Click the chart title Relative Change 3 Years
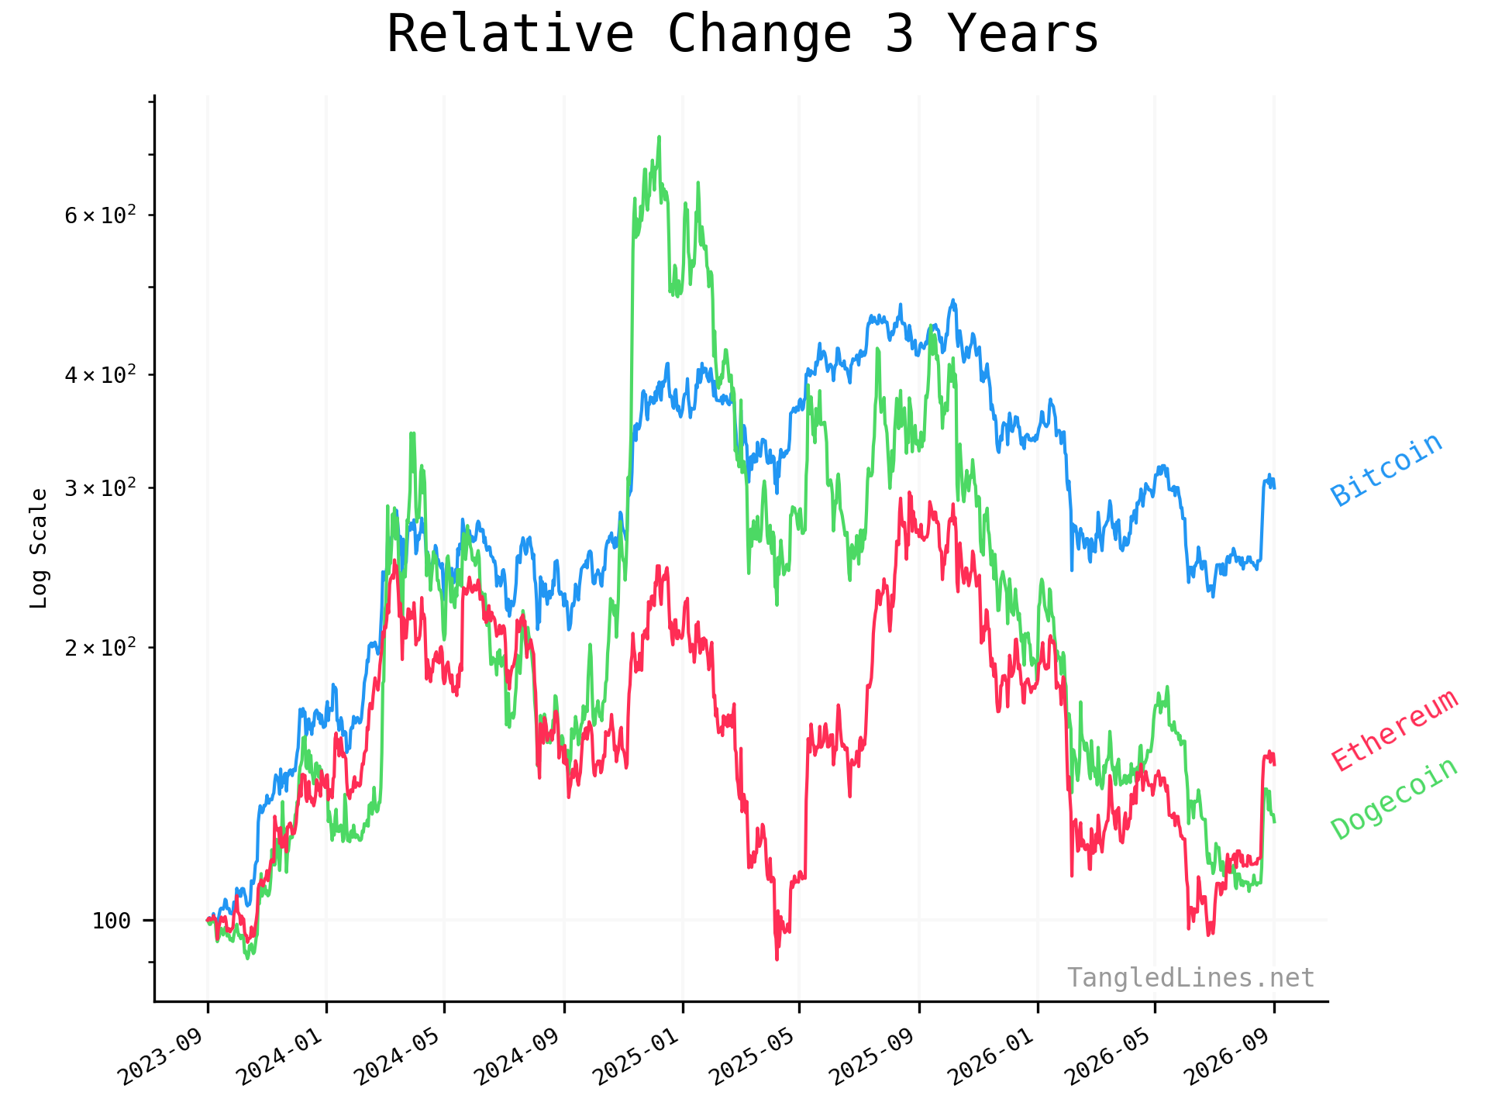tap(742, 34)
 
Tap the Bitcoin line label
tap(1386, 470)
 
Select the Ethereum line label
tap(1395, 730)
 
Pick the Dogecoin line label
tap(1395, 799)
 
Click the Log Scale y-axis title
tap(39, 548)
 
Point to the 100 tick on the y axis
tap(112, 921)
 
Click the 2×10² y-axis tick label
tap(100, 646)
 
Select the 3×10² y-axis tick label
tap(100, 487)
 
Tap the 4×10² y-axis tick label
tap(100, 374)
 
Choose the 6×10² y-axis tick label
tap(100, 215)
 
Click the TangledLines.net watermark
tap(1190, 978)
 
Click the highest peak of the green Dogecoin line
tap(659, 137)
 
